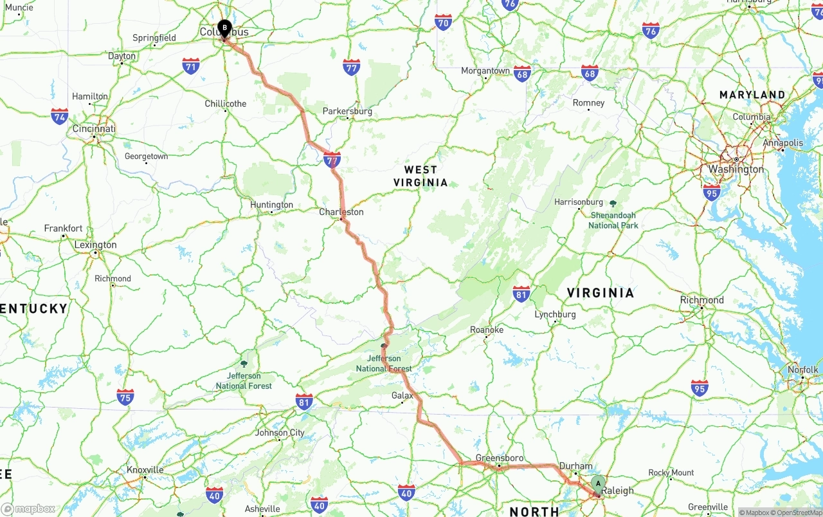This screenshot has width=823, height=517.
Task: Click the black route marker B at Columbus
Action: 224,28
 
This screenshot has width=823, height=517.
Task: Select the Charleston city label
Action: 341,212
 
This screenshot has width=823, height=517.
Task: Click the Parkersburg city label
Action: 347,111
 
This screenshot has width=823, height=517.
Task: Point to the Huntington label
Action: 271,205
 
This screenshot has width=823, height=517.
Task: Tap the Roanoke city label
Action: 487,330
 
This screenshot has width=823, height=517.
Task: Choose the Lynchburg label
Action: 555,314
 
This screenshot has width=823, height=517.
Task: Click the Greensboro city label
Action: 500,458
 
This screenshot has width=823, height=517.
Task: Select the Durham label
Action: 575,466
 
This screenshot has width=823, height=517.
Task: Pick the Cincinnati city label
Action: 94,129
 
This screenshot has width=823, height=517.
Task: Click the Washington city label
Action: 736,169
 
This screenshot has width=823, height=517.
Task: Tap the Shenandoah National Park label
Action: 613,220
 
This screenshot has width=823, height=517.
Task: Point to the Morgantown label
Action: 485,71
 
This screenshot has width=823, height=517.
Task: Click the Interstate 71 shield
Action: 191,66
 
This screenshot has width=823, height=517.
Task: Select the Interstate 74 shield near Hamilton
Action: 60,117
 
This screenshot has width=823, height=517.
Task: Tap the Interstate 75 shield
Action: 125,397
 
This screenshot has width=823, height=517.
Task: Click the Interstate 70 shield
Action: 443,23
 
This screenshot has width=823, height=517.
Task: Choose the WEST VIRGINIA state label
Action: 421,176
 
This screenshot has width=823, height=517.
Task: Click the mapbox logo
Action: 28,509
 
